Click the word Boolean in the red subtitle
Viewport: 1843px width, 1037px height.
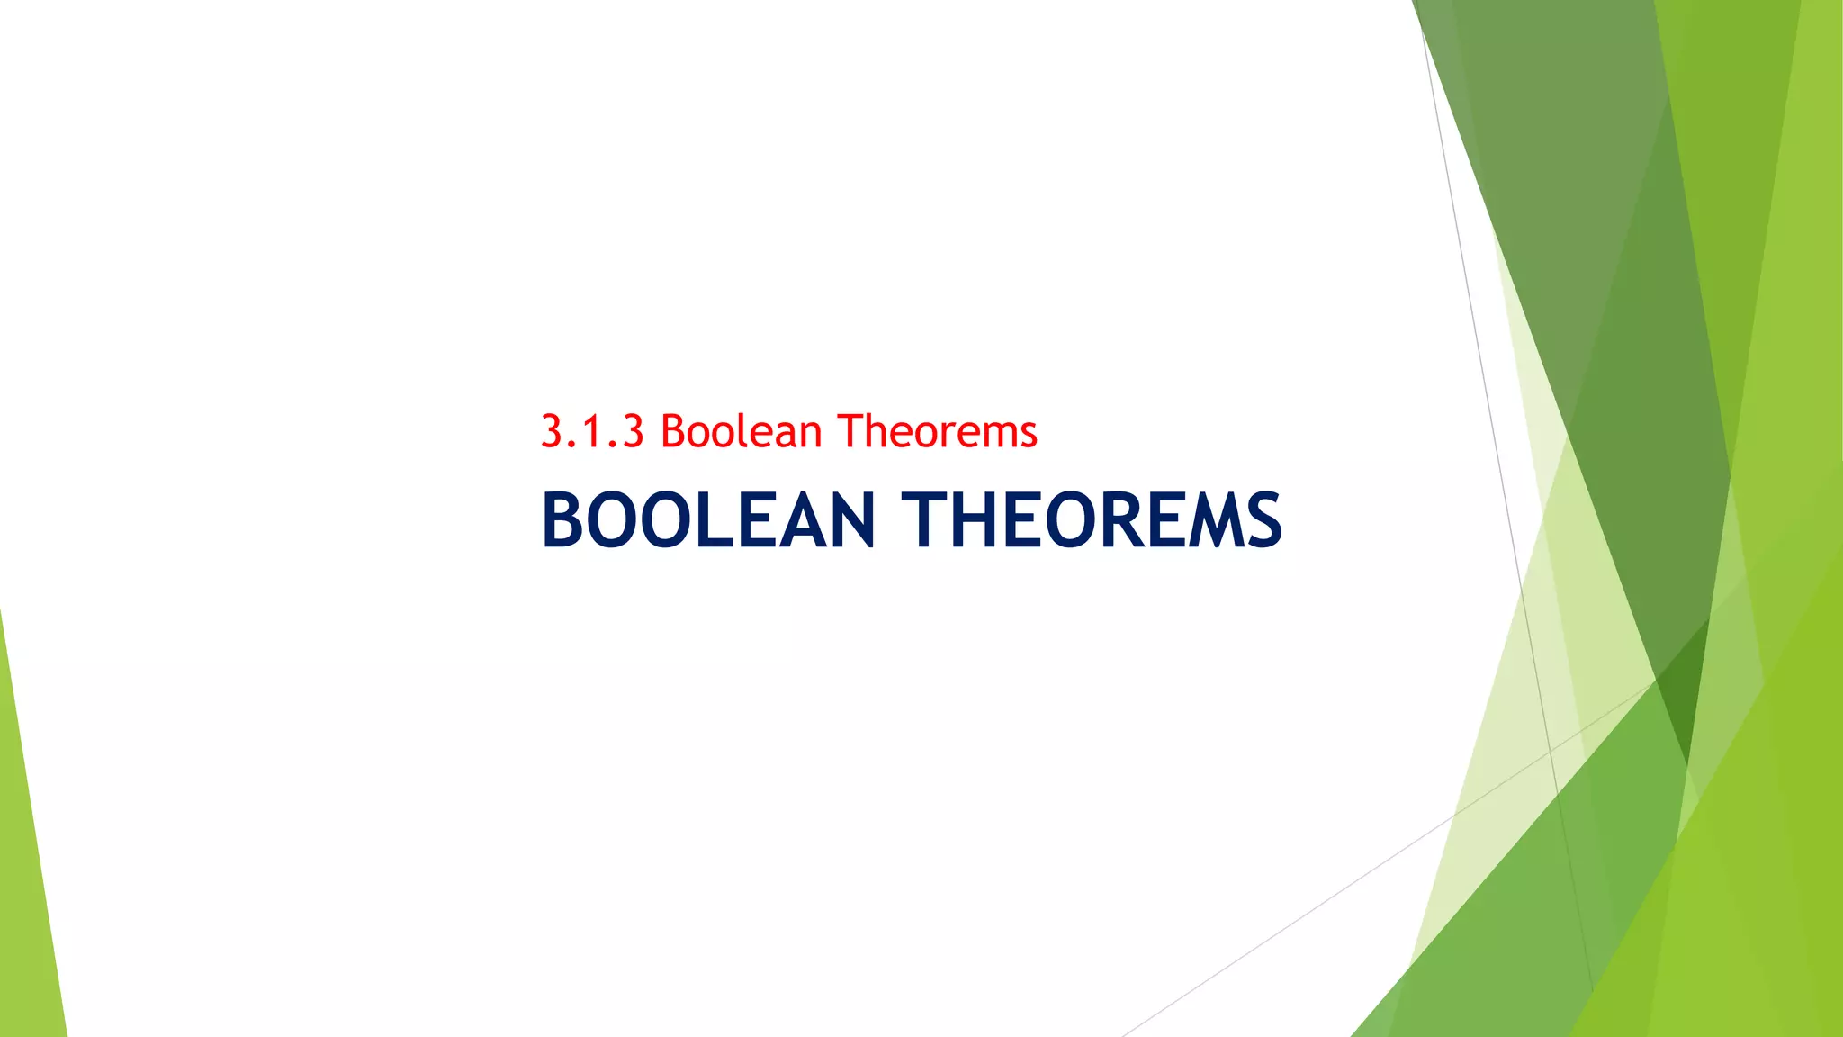pos(741,431)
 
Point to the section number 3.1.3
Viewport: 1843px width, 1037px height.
pos(592,431)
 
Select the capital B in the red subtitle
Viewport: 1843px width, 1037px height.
pos(674,431)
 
